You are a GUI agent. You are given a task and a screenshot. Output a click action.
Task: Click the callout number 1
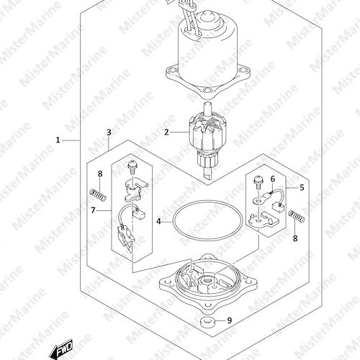point(58,140)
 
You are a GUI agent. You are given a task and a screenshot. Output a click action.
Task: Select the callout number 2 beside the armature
point(166,132)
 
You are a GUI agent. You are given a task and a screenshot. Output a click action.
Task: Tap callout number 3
point(109,132)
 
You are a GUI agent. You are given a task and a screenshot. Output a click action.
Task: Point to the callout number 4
point(158,221)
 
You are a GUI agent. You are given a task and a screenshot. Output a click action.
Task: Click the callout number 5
point(302,187)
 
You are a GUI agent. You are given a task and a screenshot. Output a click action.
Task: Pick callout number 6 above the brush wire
point(273,179)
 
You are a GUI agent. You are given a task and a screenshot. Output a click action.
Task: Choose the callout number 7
point(93,210)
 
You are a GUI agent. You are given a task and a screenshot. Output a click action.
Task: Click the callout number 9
point(230,320)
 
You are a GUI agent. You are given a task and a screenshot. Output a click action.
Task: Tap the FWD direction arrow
point(61,348)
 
